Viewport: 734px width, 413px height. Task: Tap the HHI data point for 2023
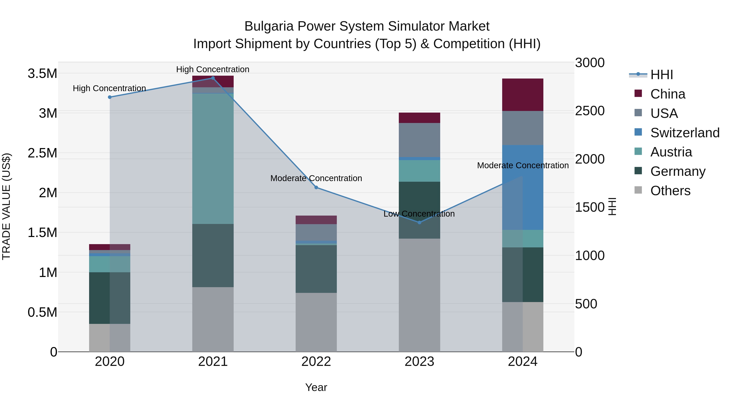(x=419, y=223)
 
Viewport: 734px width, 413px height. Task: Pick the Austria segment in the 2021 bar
(x=213, y=158)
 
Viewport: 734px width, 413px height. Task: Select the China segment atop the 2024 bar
(x=523, y=95)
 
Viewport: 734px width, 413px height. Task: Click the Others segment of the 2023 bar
(x=419, y=295)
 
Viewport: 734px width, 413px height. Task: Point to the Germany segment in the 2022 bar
(x=316, y=269)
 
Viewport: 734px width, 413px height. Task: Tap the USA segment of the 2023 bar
(x=419, y=140)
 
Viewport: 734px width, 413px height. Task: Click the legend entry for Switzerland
(x=685, y=133)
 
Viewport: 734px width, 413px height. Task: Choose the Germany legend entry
(x=678, y=171)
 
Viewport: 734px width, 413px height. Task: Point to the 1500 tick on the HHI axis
(x=589, y=207)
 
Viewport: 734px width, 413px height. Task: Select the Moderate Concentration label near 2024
(x=523, y=165)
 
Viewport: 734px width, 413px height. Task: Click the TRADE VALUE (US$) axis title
(x=6, y=206)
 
